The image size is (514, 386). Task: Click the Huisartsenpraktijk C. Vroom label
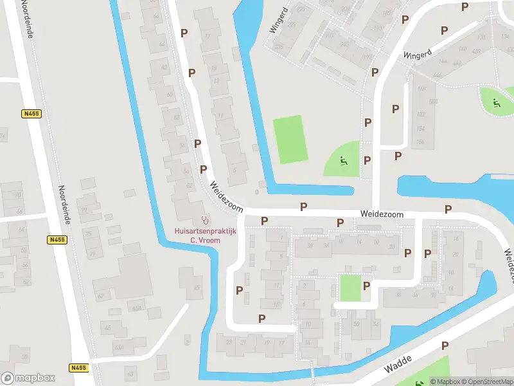tap(206, 235)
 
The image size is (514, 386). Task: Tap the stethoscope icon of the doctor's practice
tap(206, 219)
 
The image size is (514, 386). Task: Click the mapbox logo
tap(28, 378)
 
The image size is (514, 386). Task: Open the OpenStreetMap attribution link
tap(491, 381)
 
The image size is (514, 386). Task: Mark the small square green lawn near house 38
tap(350, 287)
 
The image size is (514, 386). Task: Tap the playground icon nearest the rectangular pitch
tap(343, 161)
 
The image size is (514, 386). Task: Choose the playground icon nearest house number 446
tap(495, 102)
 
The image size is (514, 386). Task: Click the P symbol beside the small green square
tap(367, 286)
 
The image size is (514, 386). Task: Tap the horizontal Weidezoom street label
tap(382, 214)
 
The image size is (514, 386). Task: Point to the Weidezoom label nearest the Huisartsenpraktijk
tap(225, 196)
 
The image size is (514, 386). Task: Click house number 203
tap(344, 44)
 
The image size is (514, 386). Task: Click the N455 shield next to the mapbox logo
tap(78, 368)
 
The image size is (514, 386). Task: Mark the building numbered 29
tap(196, 286)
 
